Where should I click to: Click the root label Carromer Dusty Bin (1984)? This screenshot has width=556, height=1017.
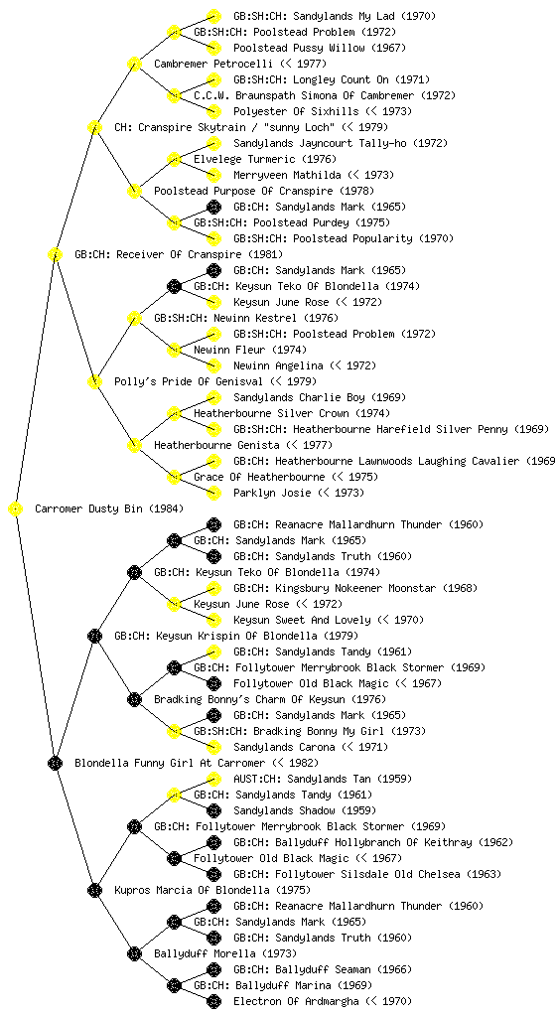[109, 508]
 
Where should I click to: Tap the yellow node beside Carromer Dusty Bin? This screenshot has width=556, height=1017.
[16, 508]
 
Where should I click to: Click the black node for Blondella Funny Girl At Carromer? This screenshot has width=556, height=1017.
[55, 763]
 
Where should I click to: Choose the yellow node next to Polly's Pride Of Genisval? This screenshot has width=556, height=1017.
[94, 381]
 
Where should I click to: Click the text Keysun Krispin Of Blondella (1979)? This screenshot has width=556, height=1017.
[236, 636]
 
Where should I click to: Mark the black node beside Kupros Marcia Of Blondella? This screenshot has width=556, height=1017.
[94, 890]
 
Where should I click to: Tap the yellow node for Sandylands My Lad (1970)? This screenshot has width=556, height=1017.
[213, 16]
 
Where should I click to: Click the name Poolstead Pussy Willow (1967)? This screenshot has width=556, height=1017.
[320, 48]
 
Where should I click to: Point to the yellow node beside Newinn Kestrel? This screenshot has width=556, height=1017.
[134, 318]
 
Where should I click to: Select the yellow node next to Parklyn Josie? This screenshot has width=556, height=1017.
[213, 493]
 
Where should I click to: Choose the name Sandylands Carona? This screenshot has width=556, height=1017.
[284, 747]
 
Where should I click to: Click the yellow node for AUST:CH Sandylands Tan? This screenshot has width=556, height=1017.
[213, 779]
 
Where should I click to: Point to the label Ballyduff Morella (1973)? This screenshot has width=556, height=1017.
[225, 953]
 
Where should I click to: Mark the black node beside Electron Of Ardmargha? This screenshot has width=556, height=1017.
[213, 1001]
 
